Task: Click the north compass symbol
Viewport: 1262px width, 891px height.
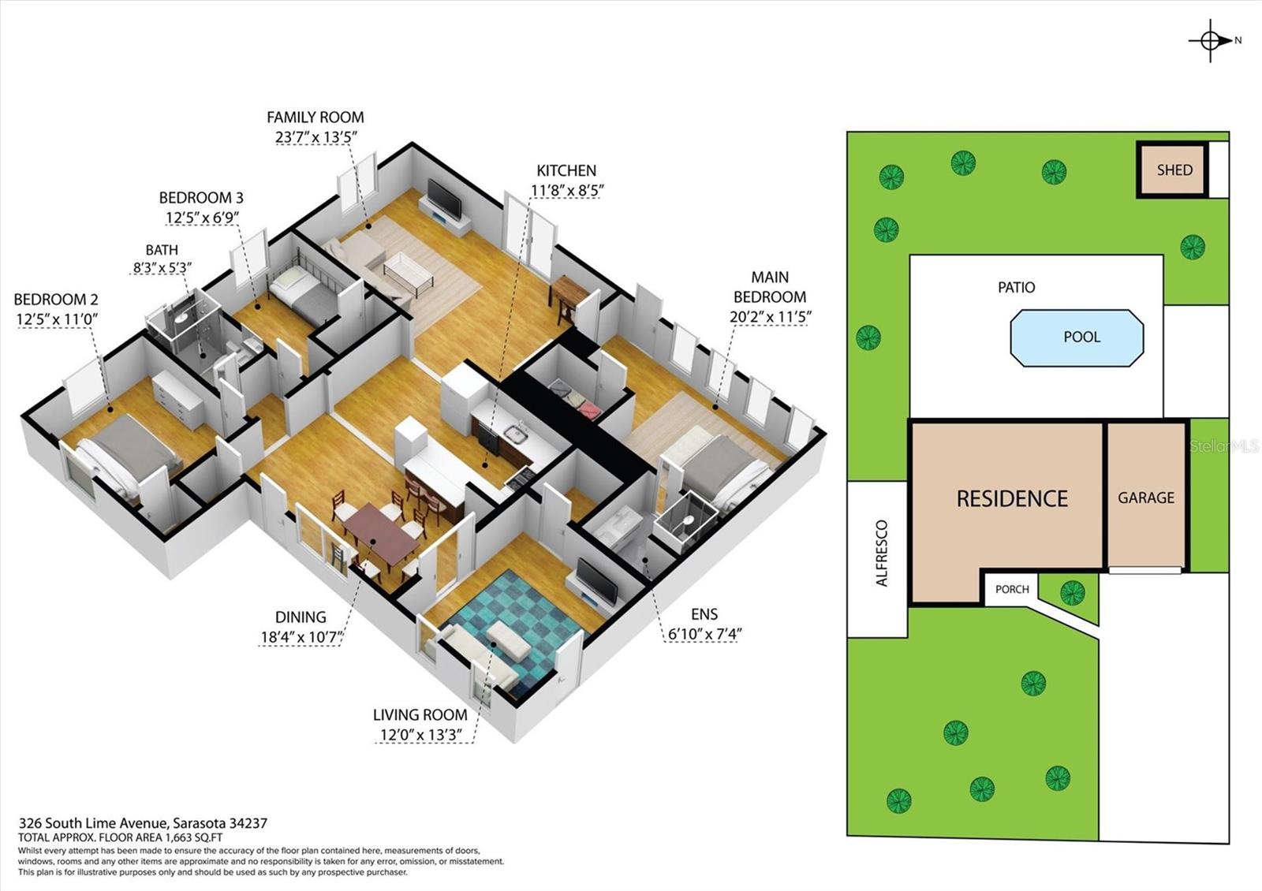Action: (1211, 41)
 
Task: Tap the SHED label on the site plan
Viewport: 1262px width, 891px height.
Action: (1174, 170)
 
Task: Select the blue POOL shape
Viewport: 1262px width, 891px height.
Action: (1077, 337)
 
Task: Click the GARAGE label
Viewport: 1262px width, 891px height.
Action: (1145, 498)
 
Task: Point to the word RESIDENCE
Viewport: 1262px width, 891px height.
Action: (1012, 498)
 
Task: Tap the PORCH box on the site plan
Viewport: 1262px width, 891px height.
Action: (1011, 589)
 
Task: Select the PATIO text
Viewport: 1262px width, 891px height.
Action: (1016, 287)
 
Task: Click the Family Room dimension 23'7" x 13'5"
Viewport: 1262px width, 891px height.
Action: (315, 136)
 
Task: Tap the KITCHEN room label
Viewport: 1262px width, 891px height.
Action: (566, 170)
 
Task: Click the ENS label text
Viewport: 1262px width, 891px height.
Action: (704, 613)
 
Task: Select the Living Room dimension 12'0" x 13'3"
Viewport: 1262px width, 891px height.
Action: (420, 735)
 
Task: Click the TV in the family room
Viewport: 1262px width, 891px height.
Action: (444, 199)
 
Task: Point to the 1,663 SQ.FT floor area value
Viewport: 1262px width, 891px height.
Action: (193, 837)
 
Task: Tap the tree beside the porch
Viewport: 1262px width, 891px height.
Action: (1071, 591)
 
